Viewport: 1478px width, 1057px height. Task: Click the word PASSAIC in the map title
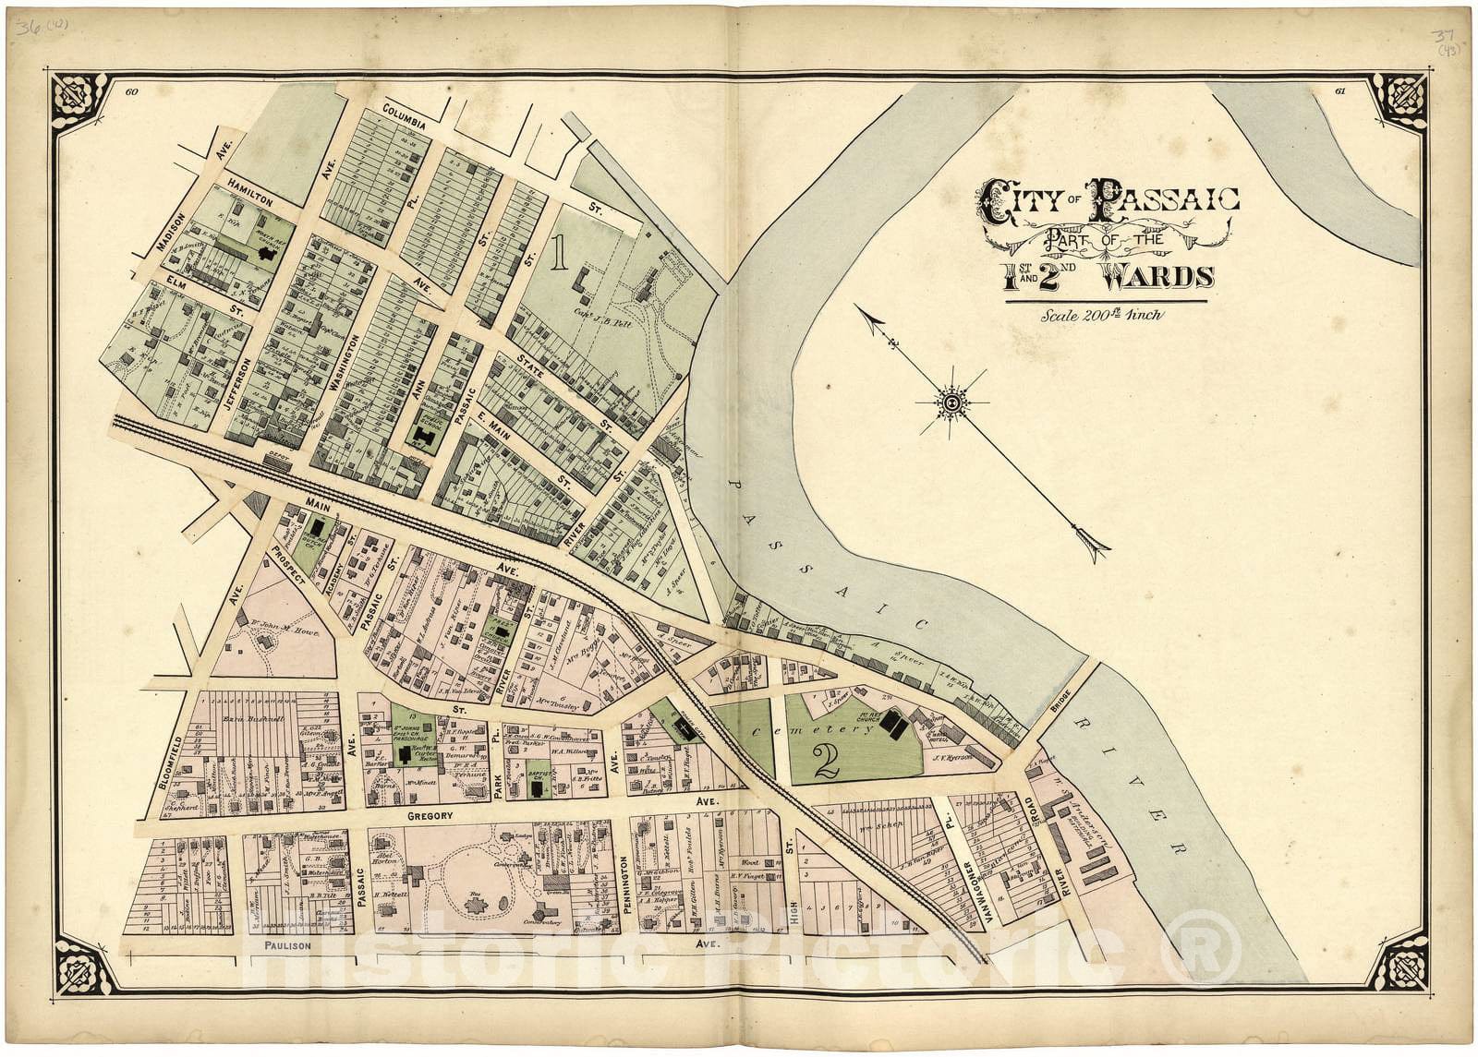[x=1166, y=198]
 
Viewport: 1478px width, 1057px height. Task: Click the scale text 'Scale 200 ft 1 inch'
[x=1102, y=314]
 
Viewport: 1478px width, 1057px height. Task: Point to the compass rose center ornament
[x=951, y=402]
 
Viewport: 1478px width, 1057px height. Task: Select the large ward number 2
[x=825, y=760]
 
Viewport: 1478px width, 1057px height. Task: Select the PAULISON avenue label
[x=285, y=946]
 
